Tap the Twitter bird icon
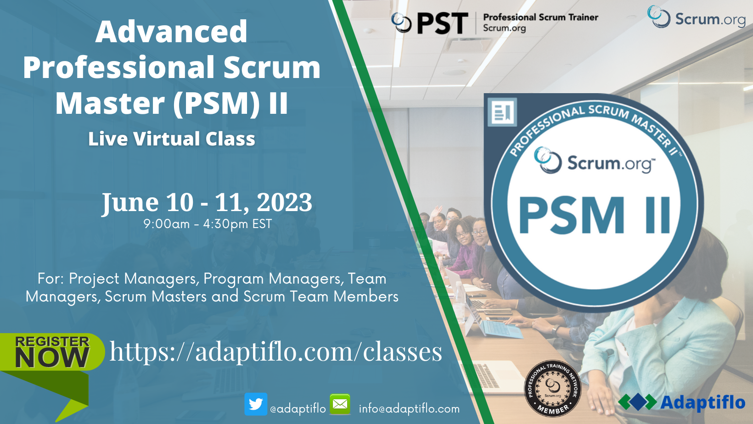[x=256, y=404]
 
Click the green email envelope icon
[x=340, y=404]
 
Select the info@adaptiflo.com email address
[x=409, y=408]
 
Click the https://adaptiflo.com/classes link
[x=275, y=352]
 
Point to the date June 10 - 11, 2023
[x=207, y=202]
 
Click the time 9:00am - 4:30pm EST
[x=208, y=224]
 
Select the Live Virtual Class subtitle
[x=171, y=139]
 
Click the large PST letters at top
[x=442, y=23]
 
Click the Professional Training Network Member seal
[x=553, y=388]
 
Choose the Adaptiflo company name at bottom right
[x=702, y=402]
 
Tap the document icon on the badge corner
[x=502, y=112]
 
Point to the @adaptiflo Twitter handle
[x=298, y=408]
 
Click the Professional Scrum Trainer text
[x=540, y=17]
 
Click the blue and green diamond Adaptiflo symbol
[x=637, y=402]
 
